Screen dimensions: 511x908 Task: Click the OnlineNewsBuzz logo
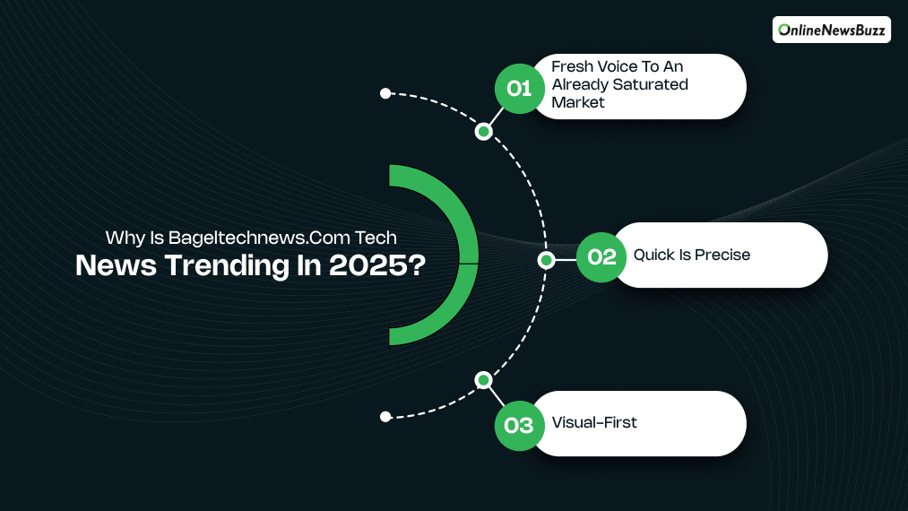831,30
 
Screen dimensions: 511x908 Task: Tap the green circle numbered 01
519,88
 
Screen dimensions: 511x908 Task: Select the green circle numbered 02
601,257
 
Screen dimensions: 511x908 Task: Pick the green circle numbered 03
519,424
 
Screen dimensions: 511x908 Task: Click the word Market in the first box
578,102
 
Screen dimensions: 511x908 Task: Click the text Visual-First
594,422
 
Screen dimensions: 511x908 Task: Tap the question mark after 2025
415,266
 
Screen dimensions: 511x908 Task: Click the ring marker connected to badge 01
483,132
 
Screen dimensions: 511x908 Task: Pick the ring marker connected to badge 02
545,260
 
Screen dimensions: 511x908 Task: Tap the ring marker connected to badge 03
483,380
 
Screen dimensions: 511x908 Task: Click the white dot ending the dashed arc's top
385,93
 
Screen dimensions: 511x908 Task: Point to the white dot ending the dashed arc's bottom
385,416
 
